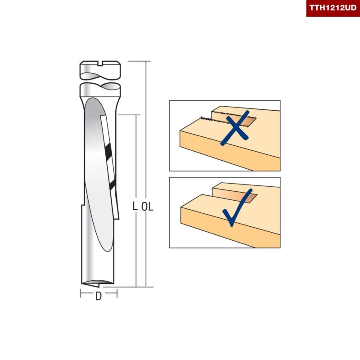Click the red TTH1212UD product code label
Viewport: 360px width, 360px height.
[333, 8]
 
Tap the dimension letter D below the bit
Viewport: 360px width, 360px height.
[99, 296]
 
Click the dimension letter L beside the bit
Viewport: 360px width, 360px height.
[135, 207]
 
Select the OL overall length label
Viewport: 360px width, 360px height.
[148, 207]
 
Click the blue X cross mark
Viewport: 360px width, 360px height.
[235, 128]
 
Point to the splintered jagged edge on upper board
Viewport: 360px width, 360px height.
[207, 118]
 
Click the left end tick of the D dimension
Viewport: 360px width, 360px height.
[81, 293]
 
